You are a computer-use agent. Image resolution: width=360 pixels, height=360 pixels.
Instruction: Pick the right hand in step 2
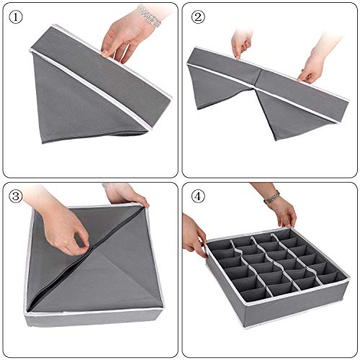(311, 66)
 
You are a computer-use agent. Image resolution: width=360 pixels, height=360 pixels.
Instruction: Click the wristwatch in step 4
(272, 197)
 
